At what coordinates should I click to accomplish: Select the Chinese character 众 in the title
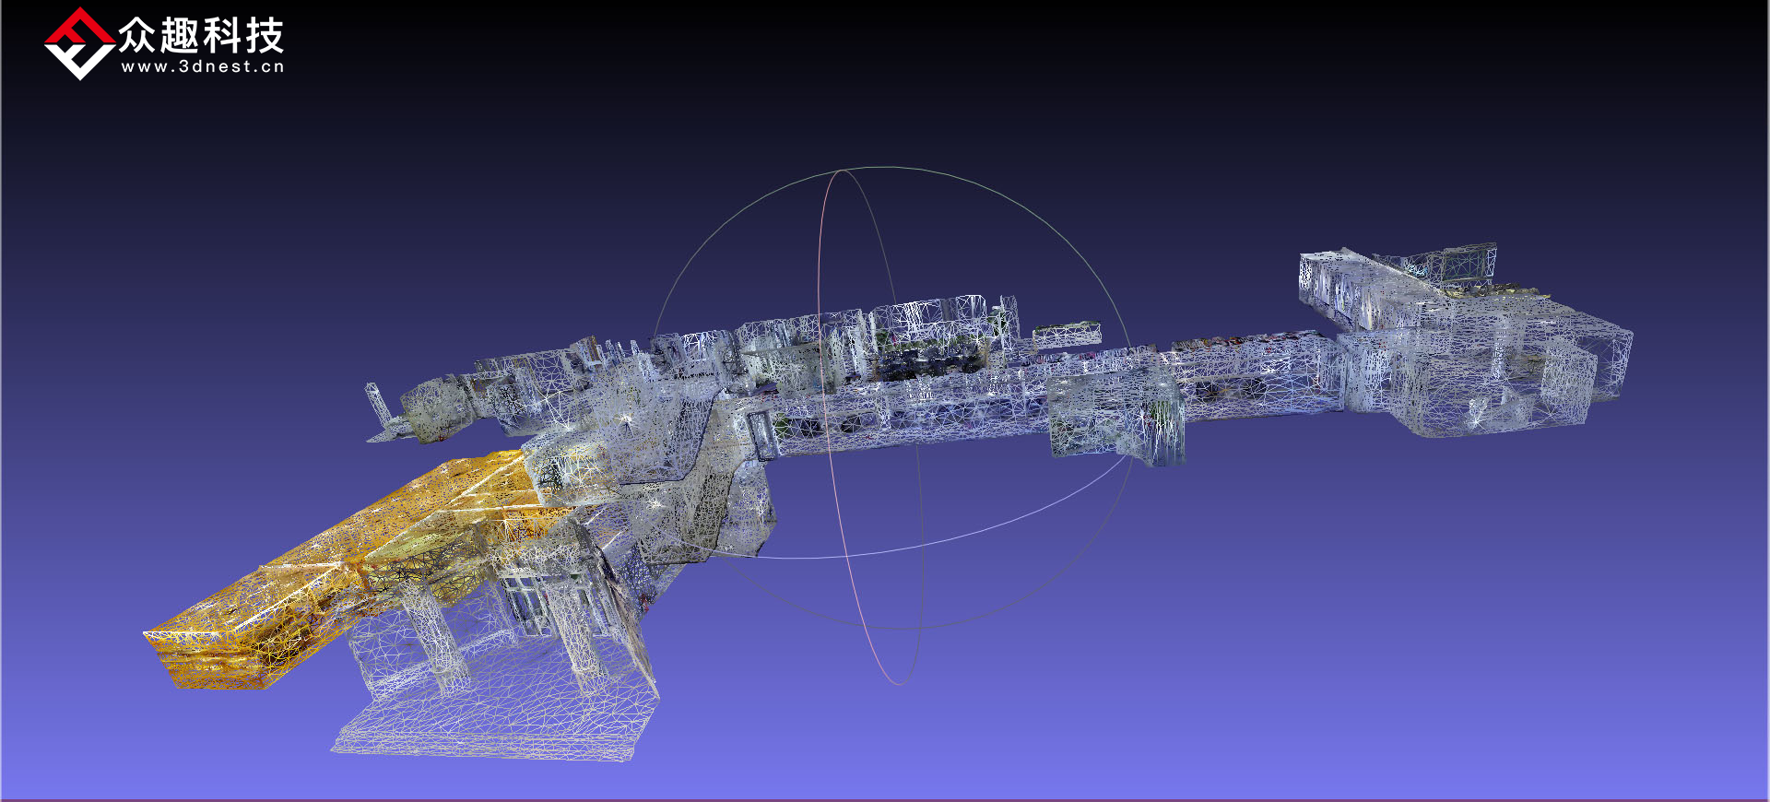click(x=137, y=36)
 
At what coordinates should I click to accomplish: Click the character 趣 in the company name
click(x=180, y=36)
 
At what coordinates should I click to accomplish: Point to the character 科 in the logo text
click(x=222, y=36)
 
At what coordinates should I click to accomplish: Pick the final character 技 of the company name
click(x=265, y=36)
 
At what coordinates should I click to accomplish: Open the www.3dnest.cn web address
click(x=203, y=66)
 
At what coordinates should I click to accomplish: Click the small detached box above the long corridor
click(x=1067, y=334)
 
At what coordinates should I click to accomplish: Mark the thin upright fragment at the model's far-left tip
click(x=376, y=406)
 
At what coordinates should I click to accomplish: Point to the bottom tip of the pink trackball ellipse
click(x=899, y=683)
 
